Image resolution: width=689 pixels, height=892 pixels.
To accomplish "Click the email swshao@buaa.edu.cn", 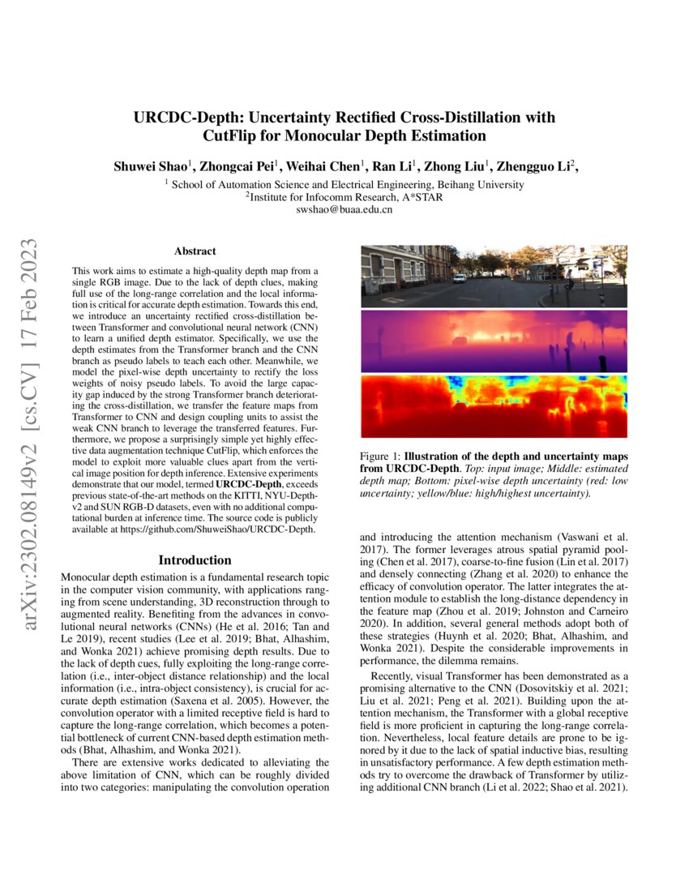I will pyautogui.click(x=345, y=209).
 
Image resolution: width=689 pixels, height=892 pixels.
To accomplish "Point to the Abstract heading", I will pyautogui.click(x=195, y=252).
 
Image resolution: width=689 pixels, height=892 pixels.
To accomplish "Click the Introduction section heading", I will pyautogui.click(x=195, y=560).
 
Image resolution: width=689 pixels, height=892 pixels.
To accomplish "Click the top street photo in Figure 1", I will pyautogui.click(x=493, y=276).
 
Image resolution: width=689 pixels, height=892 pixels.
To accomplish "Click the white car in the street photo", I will pyautogui.click(x=460, y=278).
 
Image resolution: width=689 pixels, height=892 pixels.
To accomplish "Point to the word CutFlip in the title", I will pyautogui.click(x=235, y=135).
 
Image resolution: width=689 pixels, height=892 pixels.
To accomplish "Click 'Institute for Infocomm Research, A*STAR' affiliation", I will pyautogui.click(x=345, y=196).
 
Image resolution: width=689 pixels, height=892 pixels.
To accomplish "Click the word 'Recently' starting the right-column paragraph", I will pyautogui.click(x=395, y=676).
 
